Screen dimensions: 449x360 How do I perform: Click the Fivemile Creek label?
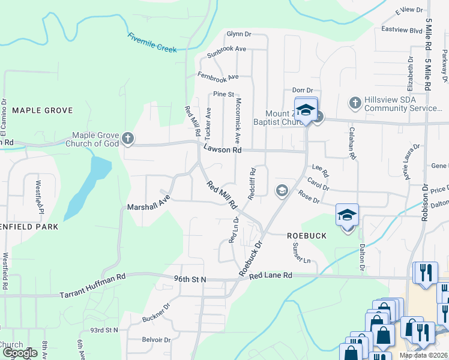(x=152, y=43)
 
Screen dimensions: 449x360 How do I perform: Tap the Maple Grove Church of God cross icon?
(x=127, y=139)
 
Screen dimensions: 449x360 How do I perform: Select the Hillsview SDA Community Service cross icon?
(x=354, y=103)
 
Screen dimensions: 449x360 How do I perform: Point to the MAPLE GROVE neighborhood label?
(x=42, y=110)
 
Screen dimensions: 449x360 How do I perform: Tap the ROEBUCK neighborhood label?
(x=306, y=236)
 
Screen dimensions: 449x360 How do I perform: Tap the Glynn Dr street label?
(x=238, y=34)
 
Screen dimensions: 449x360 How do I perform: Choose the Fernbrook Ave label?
(x=218, y=77)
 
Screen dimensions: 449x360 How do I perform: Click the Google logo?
(x=19, y=353)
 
